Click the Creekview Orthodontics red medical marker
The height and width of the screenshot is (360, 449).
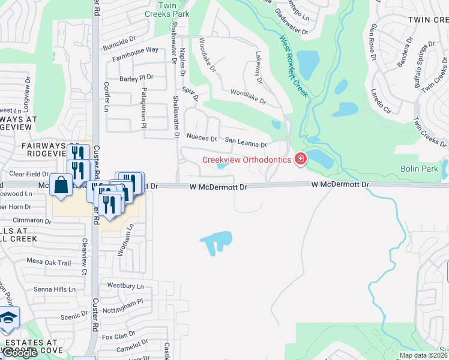(300, 159)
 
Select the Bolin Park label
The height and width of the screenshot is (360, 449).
(419, 169)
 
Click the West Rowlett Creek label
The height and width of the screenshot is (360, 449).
(294, 67)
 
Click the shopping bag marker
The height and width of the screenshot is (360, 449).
(61, 185)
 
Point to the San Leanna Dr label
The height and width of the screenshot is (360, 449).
(246, 143)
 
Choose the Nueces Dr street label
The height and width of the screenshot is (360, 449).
(201, 138)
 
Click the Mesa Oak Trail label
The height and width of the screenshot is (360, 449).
(49, 262)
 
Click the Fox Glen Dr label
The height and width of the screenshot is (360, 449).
(118, 336)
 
